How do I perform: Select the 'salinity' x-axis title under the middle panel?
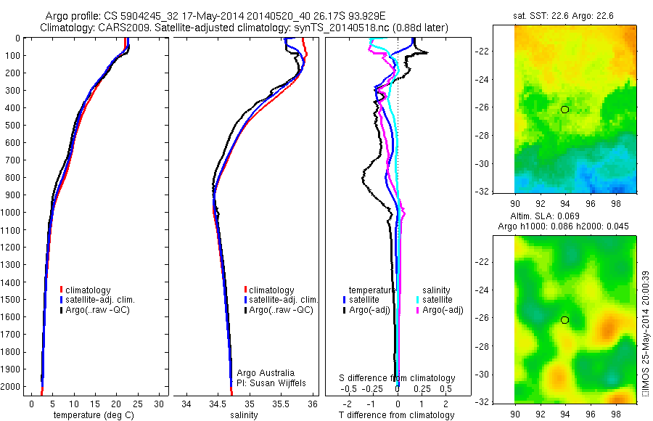[x=244, y=415]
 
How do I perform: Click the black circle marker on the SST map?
[x=564, y=109]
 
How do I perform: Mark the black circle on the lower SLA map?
[x=564, y=319]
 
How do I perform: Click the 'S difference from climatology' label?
[x=398, y=378]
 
